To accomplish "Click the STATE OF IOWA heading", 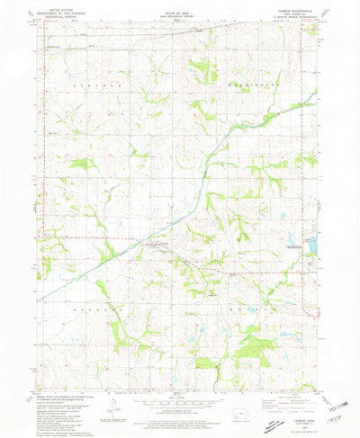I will (179, 12).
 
